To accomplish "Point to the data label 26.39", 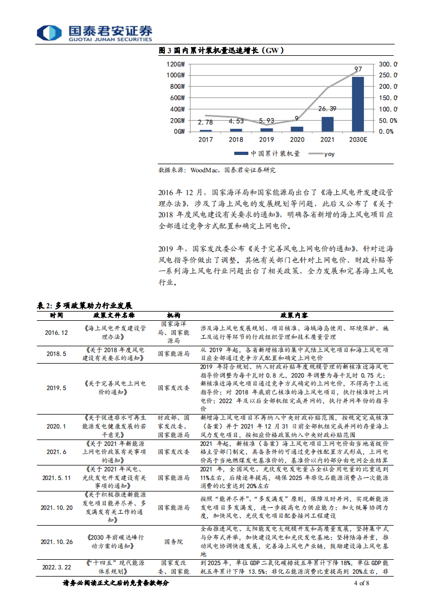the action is click(x=328, y=109).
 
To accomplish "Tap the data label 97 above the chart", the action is click(x=358, y=69).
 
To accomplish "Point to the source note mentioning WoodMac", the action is click(x=217, y=170).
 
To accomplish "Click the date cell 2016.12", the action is click(x=56, y=332).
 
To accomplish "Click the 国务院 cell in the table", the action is click(x=172, y=541).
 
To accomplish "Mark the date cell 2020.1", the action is click(x=56, y=426).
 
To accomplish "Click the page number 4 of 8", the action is click(x=361, y=584).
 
